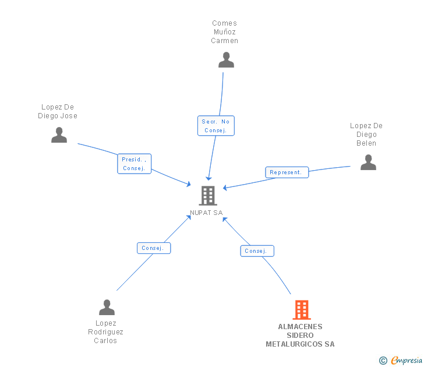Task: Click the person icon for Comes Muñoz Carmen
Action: click(x=226, y=60)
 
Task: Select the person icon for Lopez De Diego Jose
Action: click(x=59, y=135)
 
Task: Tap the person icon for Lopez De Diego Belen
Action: click(x=368, y=163)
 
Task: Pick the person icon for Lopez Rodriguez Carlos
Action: click(x=107, y=307)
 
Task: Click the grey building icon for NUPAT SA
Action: click(x=208, y=196)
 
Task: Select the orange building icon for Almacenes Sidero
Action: click(x=301, y=310)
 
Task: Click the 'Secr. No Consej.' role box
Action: click(x=216, y=126)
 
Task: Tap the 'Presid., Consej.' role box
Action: click(x=134, y=164)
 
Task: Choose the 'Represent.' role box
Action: click(x=287, y=172)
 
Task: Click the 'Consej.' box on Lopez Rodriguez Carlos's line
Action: click(x=154, y=248)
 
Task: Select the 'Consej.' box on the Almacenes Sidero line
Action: click(x=257, y=251)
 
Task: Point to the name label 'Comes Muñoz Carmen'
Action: click(x=224, y=32)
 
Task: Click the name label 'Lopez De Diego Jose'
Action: click(x=58, y=111)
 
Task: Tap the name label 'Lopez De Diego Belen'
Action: click(x=366, y=135)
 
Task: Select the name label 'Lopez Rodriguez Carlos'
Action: click(x=105, y=332)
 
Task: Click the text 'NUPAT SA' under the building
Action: click(x=206, y=213)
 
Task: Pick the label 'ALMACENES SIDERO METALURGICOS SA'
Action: click(x=300, y=335)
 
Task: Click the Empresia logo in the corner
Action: click(x=406, y=361)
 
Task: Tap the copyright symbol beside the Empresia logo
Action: click(x=383, y=361)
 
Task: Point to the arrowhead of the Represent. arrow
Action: click(x=225, y=188)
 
